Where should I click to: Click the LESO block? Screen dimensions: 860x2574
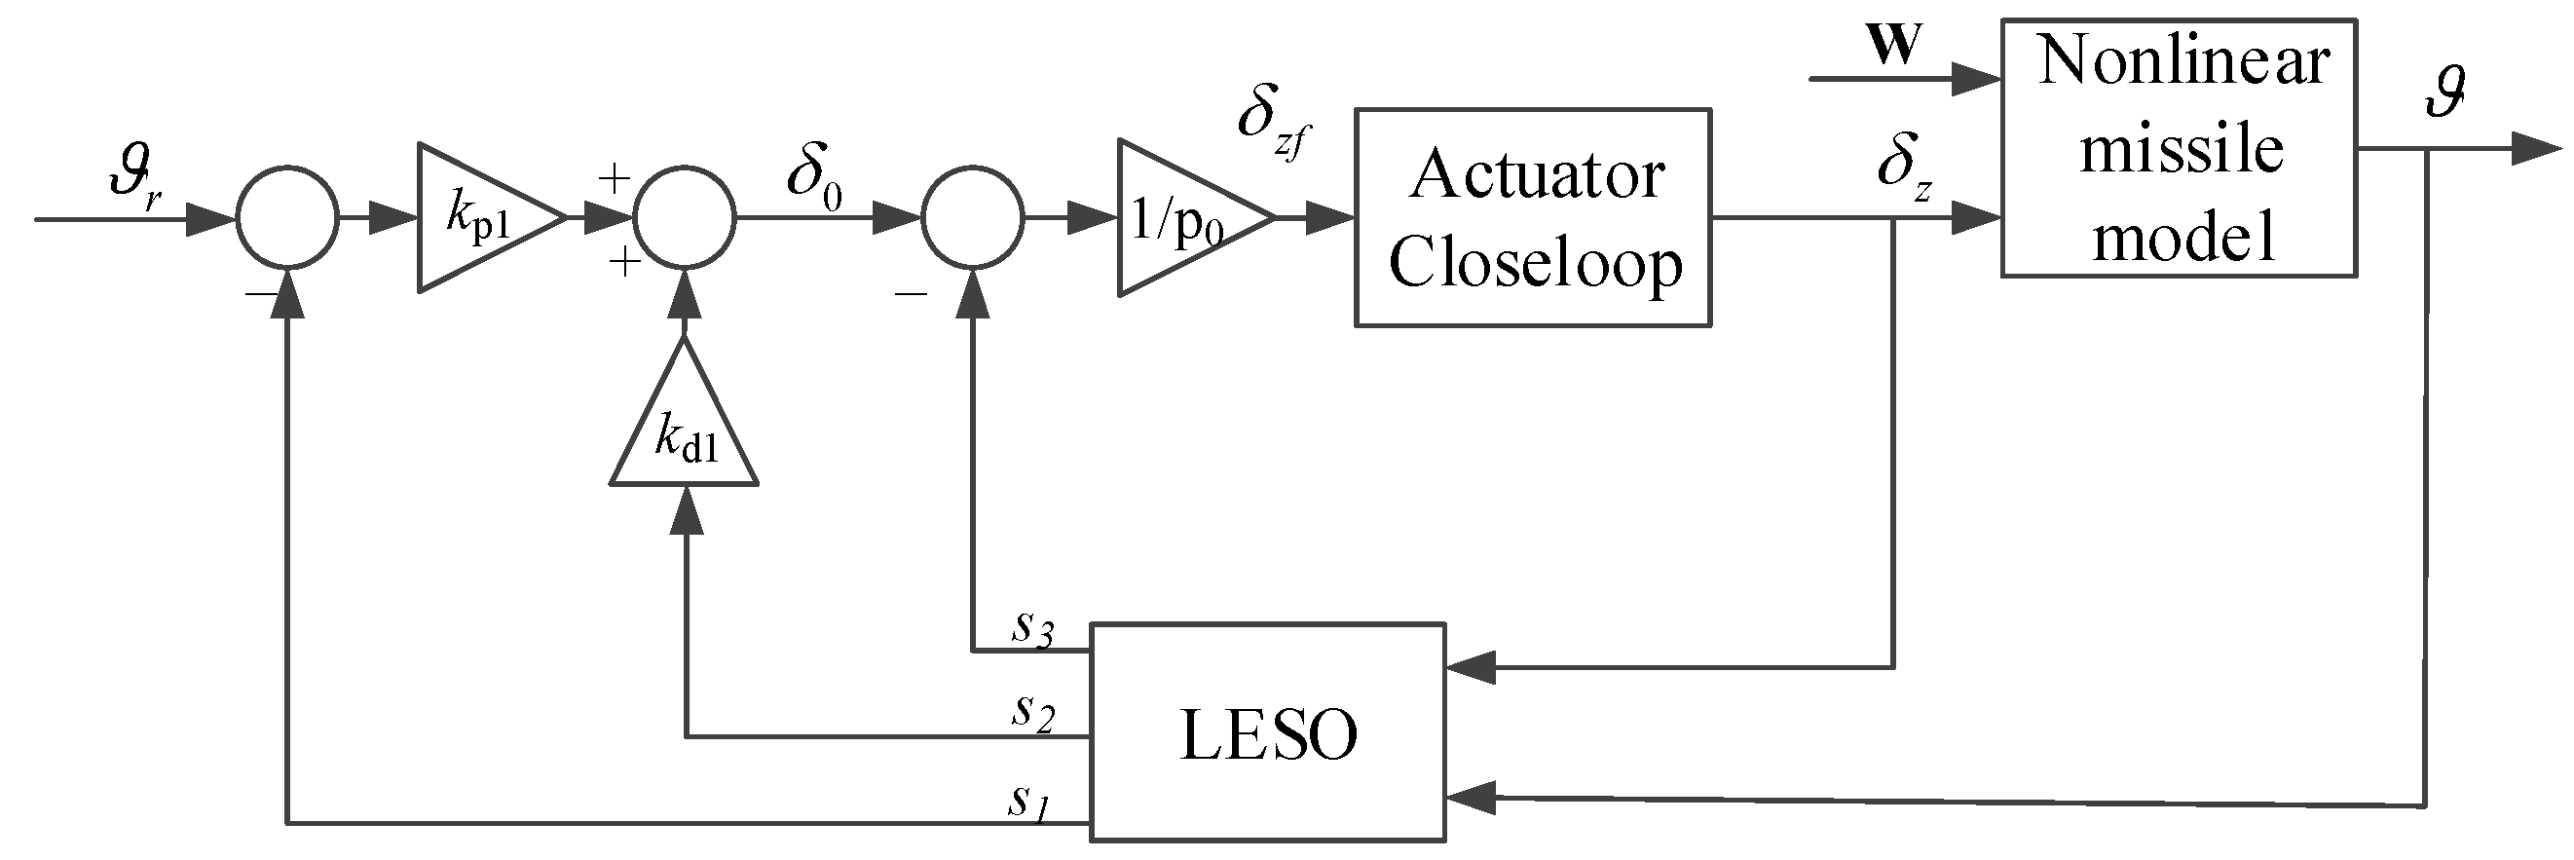pos(1267,731)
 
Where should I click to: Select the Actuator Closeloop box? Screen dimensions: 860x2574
pos(1533,218)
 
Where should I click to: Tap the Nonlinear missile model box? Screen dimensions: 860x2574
pos(2179,148)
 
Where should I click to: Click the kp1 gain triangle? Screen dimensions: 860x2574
pos(485,218)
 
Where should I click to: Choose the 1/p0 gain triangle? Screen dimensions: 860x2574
pos(1184,218)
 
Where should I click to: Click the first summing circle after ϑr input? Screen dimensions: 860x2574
pos(287,218)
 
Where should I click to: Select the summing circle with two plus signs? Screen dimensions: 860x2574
pos(685,218)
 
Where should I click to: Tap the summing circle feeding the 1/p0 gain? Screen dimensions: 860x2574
pos(972,218)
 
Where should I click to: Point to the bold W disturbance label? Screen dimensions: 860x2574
pos(1893,45)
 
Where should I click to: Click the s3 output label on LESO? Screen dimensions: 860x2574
pos(1032,629)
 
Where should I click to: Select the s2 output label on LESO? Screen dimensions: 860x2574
pos(1032,713)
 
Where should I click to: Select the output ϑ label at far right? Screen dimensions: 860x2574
pos(2444,93)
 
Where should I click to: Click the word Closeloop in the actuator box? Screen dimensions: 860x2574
pos(1535,264)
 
